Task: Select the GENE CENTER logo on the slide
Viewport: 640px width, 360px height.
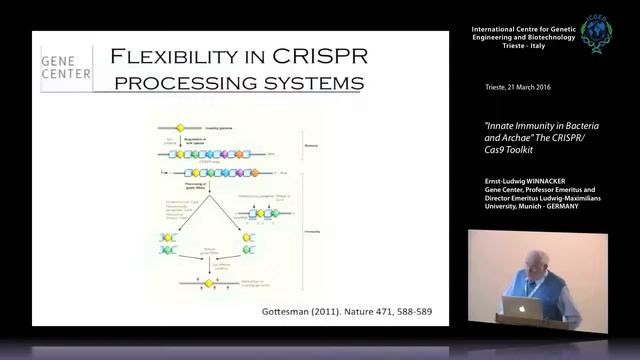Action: pyautogui.click(x=66, y=67)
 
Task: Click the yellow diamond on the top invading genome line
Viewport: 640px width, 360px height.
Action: pyautogui.click(x=181, y=128)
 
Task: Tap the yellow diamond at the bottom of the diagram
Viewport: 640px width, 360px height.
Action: pyautogui.click(x=209, y=284)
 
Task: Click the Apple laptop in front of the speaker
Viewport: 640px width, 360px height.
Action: pyautogui.click(x=522, y=308)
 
